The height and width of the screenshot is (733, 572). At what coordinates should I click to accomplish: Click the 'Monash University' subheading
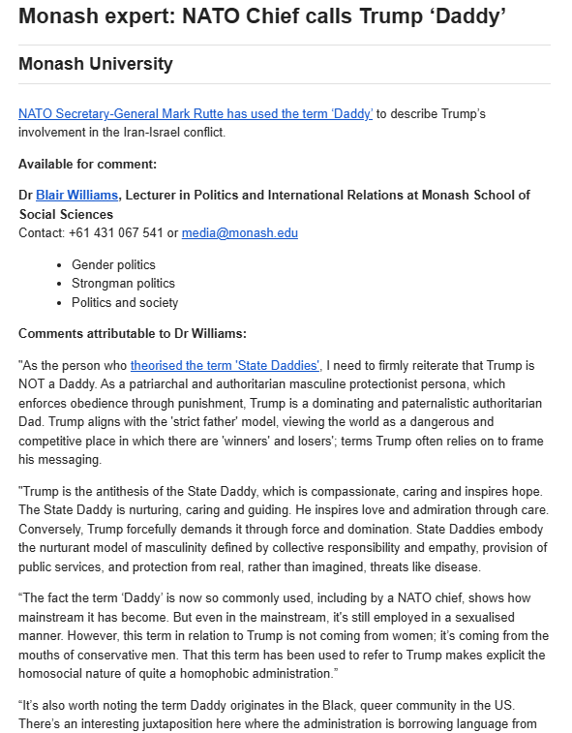pos(95,65)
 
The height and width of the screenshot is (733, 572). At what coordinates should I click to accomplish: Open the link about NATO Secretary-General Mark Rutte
pos(196,113)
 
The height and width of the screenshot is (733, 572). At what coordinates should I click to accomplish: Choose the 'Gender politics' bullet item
pos(113,264)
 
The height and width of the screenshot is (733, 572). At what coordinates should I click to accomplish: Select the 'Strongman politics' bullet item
pos(123,284)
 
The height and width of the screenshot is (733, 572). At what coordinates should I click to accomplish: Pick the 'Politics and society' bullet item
pos(125,303)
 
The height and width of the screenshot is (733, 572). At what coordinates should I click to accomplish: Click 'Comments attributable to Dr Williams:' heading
pos(133,334)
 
